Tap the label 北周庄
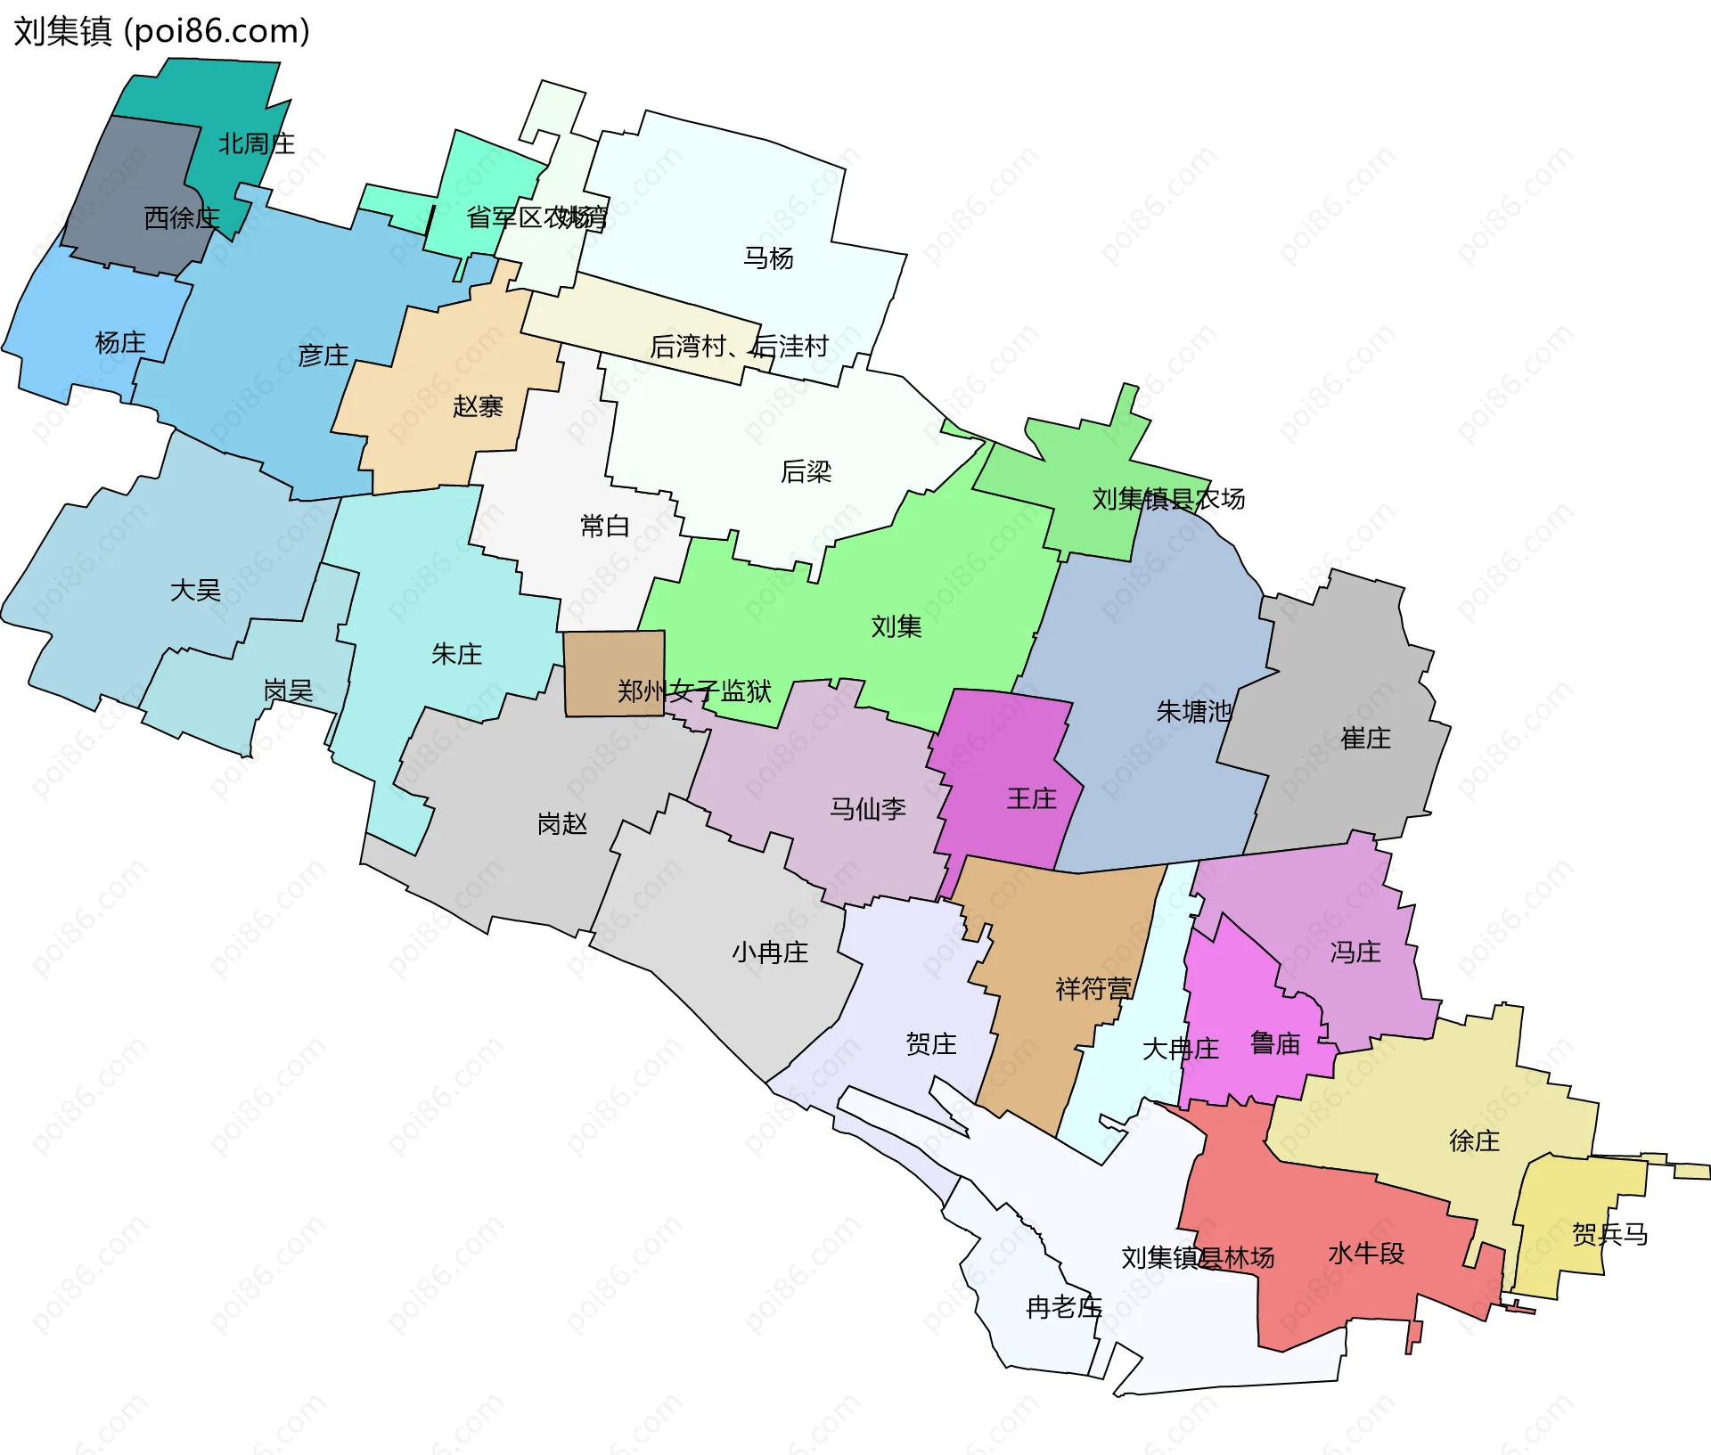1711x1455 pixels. (256, 143)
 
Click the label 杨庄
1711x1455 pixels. (120, 342)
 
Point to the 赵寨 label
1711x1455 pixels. (478, 406)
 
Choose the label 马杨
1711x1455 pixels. (768, 258)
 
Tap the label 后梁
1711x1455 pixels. (806, 471)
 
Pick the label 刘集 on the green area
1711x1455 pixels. (896, 626)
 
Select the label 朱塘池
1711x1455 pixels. (1193, 711)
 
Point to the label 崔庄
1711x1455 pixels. (1365, 738)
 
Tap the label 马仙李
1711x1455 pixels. (867, 809)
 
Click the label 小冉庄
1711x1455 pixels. (770, 952)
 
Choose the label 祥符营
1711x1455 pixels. (1093, 988)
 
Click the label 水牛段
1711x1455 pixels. (1365, 1254)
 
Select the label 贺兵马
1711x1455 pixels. (1609, 1234)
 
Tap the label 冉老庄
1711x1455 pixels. (1064, 1307)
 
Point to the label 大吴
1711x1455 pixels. (195, 590)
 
